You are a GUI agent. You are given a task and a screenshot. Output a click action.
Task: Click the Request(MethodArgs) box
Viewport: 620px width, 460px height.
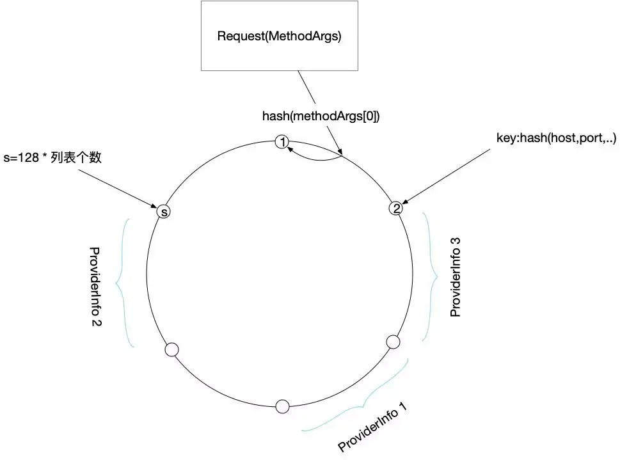[x=279, y=36]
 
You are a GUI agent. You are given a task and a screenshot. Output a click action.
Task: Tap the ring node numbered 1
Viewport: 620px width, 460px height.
[x=282, y=143]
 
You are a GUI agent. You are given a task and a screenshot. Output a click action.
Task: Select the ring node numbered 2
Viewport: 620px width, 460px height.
[x=397, y=208]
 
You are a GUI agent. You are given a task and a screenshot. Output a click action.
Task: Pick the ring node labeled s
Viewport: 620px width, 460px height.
[x=164, y=211]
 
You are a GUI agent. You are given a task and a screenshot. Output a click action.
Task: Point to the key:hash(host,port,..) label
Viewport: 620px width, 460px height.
[x=556, y=138]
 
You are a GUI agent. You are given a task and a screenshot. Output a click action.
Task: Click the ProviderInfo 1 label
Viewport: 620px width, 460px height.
[x=372, y=428]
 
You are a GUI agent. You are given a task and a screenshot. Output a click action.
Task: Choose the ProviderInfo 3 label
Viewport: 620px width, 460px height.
[x=455, y=277]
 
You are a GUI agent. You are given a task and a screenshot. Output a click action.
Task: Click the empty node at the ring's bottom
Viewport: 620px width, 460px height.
[x=282, y=406]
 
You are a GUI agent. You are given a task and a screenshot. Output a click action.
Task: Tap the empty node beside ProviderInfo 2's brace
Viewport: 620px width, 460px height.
[x=171, y=349]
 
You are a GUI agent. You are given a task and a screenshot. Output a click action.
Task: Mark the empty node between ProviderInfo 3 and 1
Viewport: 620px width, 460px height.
[x=393, y=342]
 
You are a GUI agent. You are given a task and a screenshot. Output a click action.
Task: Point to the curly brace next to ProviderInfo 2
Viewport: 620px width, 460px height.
[x=124, y=283]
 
